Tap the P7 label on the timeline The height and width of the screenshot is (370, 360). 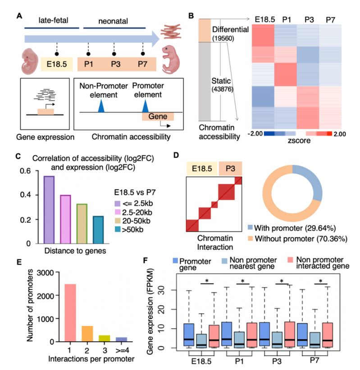(143, 64)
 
